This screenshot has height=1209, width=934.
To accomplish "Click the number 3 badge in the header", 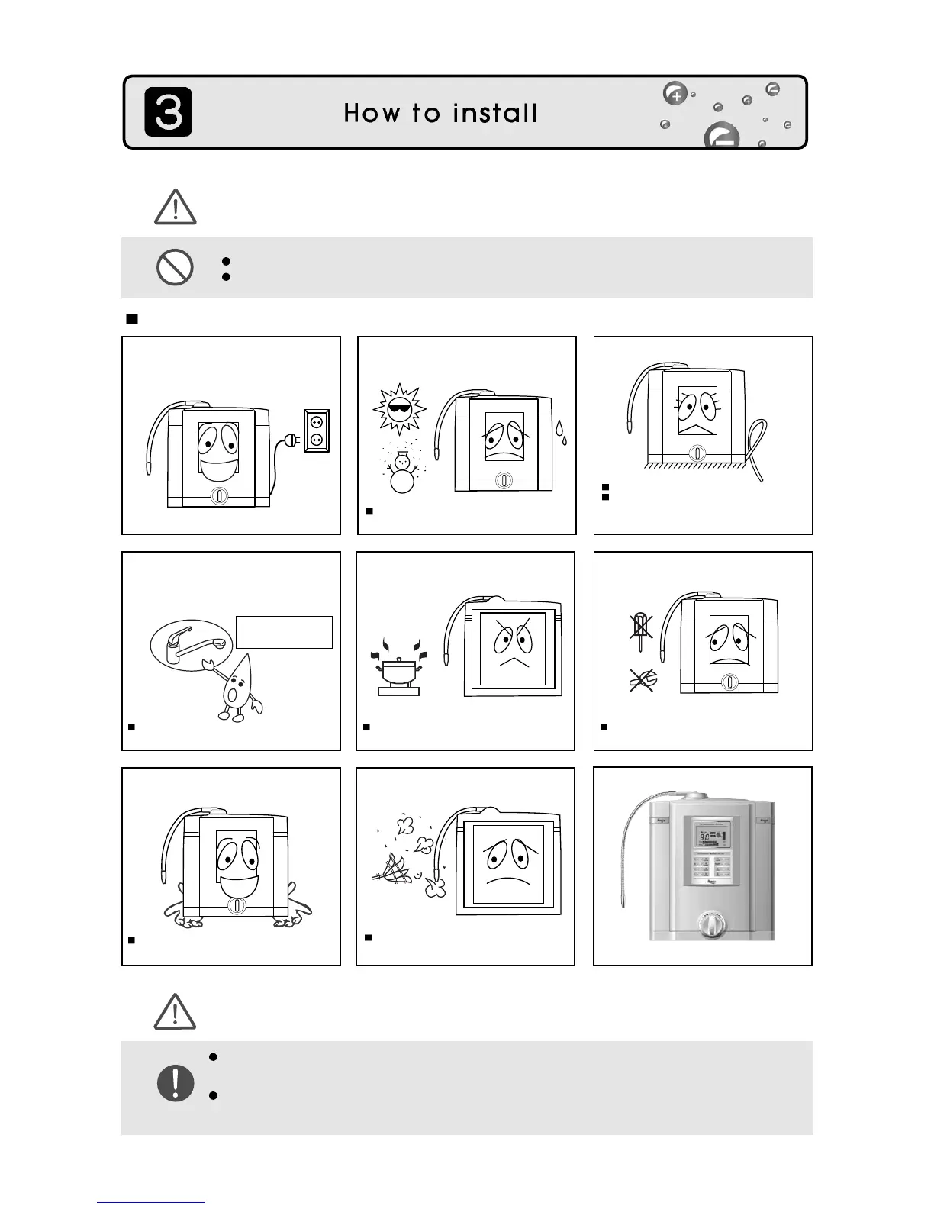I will coord(169,112).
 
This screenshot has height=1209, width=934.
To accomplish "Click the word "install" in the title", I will coord(495,114).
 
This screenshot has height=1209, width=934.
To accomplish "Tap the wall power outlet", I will coord(317,430).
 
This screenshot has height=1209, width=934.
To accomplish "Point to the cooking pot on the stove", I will coord(398,675).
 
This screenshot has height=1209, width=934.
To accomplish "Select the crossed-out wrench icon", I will coord(643,679).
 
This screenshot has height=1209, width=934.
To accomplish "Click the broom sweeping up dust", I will coord(395,869).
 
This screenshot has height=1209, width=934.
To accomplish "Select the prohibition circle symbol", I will coord(175,268).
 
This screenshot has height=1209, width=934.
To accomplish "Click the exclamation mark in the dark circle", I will coord(176,1082).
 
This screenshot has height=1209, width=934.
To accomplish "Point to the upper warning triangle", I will coord(176,208).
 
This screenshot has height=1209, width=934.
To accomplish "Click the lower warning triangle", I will coord(176,1012).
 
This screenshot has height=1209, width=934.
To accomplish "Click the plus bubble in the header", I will coord(675,95).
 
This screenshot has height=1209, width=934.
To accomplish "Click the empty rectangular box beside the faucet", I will coord(284,632).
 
